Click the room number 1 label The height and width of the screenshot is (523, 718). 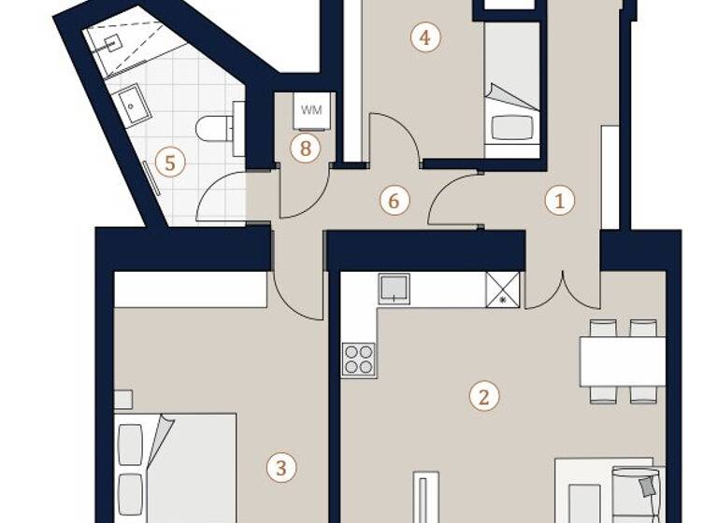click(x=559, y=199)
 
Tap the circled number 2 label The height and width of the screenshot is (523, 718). click(x=483, y=396)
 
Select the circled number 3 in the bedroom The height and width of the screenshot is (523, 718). click(x=280, y=467)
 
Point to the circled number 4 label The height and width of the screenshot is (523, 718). click(x=425, y=38)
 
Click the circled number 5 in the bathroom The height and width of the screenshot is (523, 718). click(x=169, y=163)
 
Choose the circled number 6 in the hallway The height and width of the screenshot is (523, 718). click(x=394, y=200)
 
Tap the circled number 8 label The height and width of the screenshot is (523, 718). click(x=305, y=148)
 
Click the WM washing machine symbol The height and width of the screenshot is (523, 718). click(x=311, y=110)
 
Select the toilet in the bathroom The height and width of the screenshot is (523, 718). click(x=219, y=128)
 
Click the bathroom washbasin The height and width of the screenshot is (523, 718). click(x=136, y=105)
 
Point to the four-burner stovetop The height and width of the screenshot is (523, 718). click(x=359, y=359)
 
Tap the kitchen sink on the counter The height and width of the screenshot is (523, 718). click(x=394, y=289)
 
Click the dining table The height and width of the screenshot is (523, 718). click(x=622, y=361)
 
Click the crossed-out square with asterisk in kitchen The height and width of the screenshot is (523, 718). click(x=502, y=289)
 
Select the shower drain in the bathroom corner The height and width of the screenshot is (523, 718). click(x=111, y=42)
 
